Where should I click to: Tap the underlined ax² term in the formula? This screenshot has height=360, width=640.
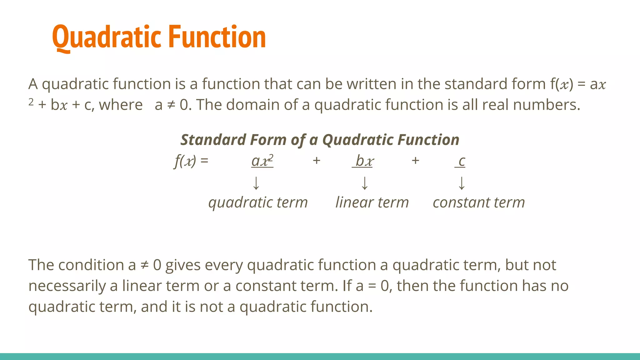pyautogui.click(x=262, y=161)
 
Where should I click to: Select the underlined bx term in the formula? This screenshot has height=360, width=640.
pyautogui.click(x=363, y=161)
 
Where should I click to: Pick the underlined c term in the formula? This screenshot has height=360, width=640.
pyautogui.click(x=461, y=161)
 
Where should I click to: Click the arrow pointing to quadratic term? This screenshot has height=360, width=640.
pyautogui.click(x=256, y=183)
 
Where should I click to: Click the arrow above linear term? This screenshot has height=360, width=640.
pyautogui.click(x=364, y=183)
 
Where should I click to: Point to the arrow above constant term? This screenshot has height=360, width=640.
pyautogui.click(x=462, y=183)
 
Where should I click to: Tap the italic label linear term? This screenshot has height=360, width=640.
pyautogui.click(x=372, y=202)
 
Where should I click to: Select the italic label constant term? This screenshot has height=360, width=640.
pyautogui.click(x=478, y=202)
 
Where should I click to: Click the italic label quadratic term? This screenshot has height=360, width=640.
pyautogui.click(x=258, y=202)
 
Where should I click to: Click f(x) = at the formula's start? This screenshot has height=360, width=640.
pyautogui.click(x=191, y=161)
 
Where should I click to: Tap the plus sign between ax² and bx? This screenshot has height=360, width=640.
pyautogui.click(x=317, y=161)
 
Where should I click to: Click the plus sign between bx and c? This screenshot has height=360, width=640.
pyautogui.click(x=415, y=161)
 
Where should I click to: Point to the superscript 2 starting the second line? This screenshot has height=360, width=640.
pyautogui.click(x=31, y=102)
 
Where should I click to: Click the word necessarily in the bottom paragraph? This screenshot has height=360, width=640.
pyautogui.click(x=67, y=286)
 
